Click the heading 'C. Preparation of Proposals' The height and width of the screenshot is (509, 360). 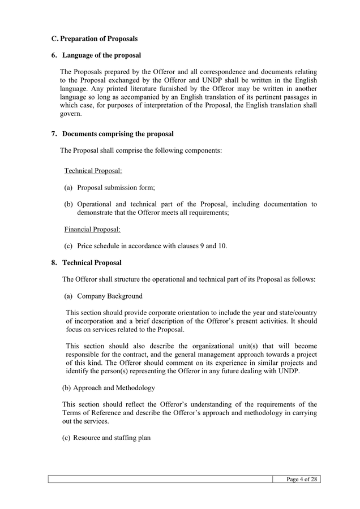(94, 39)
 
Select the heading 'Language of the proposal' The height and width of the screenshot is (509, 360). (101, 55)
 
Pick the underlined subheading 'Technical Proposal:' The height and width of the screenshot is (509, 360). (93, 171)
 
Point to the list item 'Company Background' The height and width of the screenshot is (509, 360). (109, 296)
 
